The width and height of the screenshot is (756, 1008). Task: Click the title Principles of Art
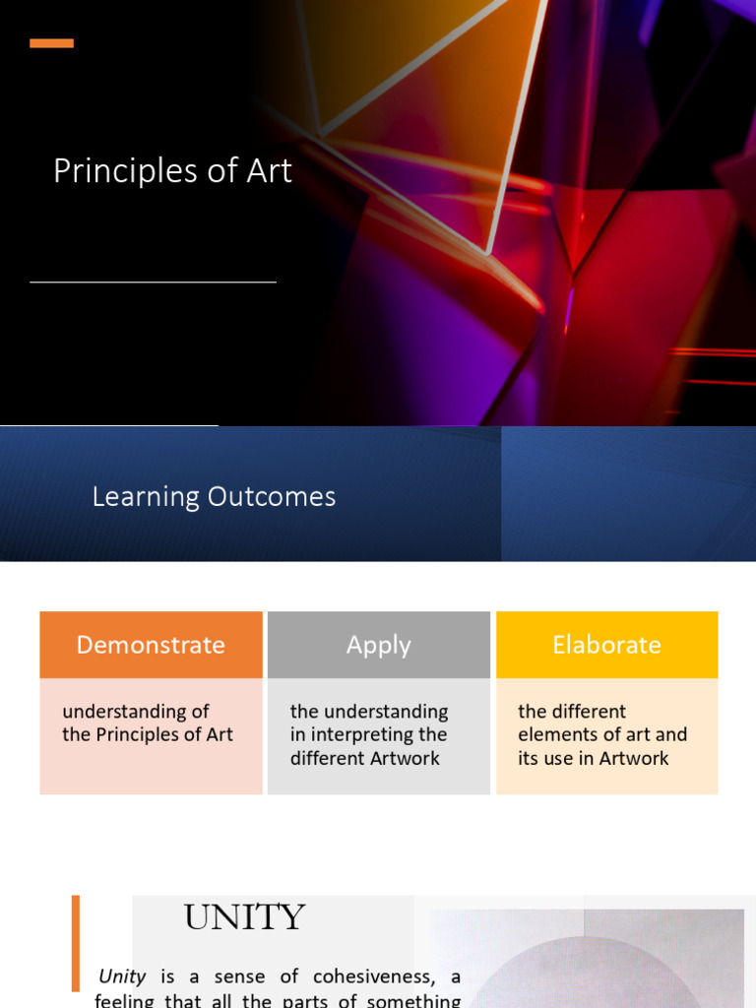(x=172, y=171)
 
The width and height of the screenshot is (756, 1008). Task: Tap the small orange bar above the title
(x=51, y=43)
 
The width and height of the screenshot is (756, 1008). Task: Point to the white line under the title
(x=153, y=283)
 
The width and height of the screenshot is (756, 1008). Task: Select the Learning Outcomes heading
(x=214, y=497)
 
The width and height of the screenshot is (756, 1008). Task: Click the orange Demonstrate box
(x=151, y=645)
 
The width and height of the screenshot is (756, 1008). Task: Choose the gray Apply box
(x=378, y=645)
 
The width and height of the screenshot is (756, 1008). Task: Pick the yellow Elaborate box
(x=606, y=645)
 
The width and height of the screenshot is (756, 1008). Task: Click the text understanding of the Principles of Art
(x=147, y=724)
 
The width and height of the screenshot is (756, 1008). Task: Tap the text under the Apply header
(x=368, y=735)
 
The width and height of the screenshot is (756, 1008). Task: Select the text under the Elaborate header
(x=601, y=735)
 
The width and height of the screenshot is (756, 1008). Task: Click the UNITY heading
(x=244, y=917)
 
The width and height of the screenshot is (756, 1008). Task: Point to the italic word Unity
(x=122, y=977)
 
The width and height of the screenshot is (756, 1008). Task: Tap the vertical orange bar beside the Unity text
(x=76, y=942)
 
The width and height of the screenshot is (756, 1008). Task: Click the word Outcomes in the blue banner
(x=273, y=497)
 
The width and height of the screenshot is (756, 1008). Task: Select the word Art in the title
(x=269, y=171)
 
